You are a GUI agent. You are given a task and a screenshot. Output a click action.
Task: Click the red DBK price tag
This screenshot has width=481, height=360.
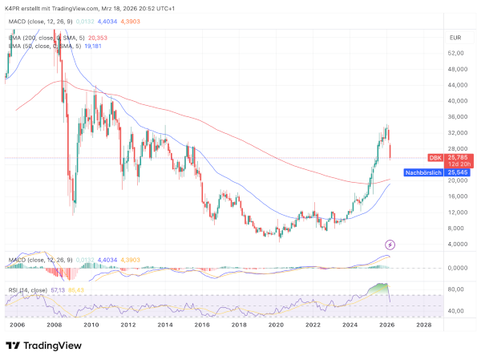click(x=435, y=158)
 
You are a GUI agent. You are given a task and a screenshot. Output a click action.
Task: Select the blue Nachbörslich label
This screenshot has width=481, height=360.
click(x=425, y=172)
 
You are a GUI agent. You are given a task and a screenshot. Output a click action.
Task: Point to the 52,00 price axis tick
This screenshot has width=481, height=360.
click(x=457, y=53)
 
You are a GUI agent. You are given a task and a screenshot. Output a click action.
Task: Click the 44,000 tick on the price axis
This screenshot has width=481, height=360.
click(x=459, y=85)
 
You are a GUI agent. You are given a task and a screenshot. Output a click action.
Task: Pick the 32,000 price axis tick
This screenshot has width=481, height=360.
click(x=459, y=132)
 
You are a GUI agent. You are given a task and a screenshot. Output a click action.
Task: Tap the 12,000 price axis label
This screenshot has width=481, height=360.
click(x=459, y=212)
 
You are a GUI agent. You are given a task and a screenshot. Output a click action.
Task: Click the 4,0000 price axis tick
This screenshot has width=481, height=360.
click(x=459, y=244)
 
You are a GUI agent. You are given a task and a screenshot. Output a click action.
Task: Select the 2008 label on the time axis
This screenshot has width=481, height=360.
click(x=54, y=325)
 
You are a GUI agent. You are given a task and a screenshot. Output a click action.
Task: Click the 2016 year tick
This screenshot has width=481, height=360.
click(x=202, y=325)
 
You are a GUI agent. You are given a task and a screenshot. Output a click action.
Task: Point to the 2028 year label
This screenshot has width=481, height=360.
click(x=423, y=325)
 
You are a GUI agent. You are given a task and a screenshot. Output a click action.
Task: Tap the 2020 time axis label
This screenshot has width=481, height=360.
click(x=276, y=325)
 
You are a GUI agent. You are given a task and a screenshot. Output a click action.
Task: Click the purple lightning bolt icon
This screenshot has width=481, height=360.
click(x=390, y=244)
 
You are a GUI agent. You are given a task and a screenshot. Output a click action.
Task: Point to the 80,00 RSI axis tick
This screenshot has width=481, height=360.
click(x=458, y=289)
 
